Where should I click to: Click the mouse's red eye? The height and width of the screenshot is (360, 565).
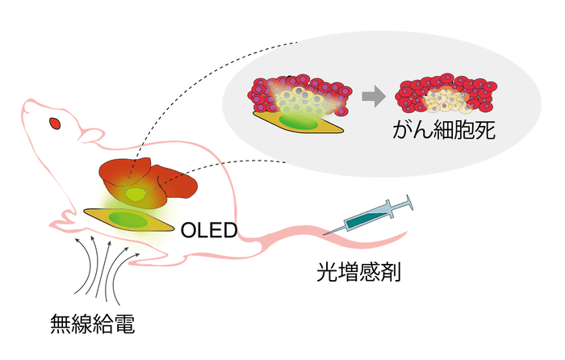55,123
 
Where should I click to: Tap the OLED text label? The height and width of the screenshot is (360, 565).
208,231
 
